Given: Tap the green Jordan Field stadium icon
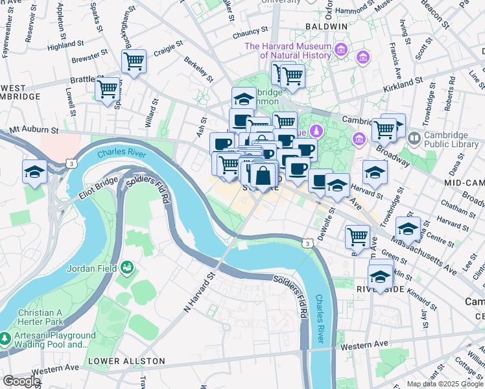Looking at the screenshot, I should pyautogui.click(x=127, y=267).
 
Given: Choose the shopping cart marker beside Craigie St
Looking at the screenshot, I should pyautogui.click(x=134, y=62).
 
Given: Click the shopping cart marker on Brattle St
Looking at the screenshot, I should pyautogui.click(x=107, y=88).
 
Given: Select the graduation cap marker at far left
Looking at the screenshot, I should pyautogui.click(x=34, y=171).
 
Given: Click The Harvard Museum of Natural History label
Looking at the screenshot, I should pyautogui.click(x=287, y=51).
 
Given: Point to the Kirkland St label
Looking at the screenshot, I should pyautogui.click(x=401, y=84).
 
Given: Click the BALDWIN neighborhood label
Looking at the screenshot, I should pyautogui.click(x=326, y=26).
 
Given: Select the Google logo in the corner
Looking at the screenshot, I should pyautogui.click(x=21, y=381).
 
